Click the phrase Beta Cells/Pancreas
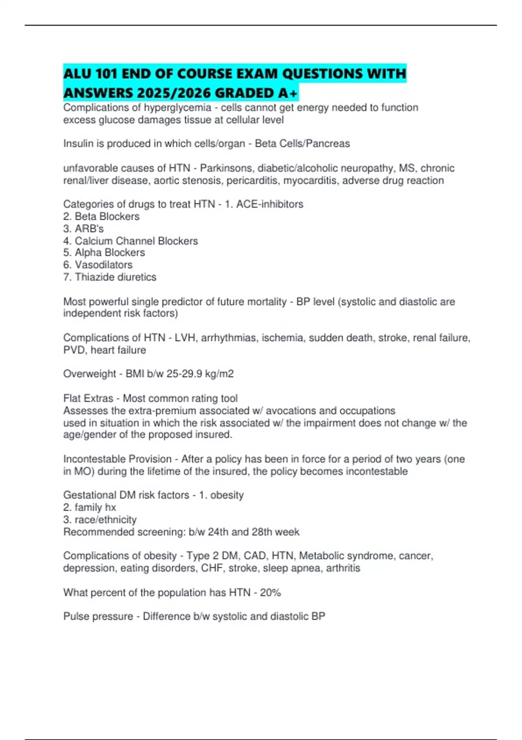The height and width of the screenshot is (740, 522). click(302, 144)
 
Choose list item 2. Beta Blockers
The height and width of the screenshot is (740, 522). click(101, 216)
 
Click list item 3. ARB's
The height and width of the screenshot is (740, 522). click(84, 229)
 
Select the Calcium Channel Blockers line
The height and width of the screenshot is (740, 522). click(130, 241)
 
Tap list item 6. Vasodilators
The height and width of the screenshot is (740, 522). click(98, 265)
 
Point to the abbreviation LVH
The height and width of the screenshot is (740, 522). click(185, 338)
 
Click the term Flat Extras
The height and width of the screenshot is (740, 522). click(88, 398)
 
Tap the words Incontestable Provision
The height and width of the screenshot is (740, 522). click(117, 459)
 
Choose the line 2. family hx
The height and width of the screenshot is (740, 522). click(90, 507)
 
